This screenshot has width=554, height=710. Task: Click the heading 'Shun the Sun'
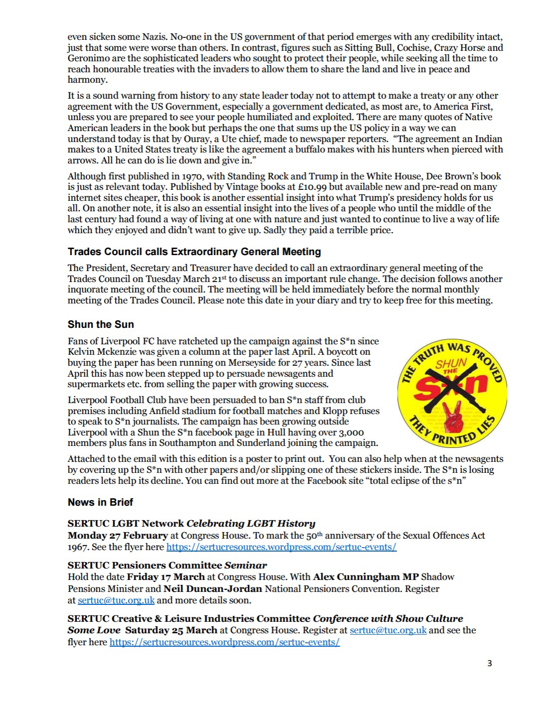101,324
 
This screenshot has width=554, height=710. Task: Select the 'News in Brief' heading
100,502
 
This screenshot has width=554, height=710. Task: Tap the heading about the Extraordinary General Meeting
194,252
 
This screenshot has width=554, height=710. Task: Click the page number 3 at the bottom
489,663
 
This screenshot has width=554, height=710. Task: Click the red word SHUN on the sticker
451,364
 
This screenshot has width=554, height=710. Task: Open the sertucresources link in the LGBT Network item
281,547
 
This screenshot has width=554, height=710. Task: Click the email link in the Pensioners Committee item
116,600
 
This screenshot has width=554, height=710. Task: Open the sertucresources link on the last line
224,642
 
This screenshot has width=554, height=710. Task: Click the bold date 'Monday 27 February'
118,536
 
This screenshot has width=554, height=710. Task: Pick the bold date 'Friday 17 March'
165,577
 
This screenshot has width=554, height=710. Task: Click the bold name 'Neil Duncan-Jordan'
213,588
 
